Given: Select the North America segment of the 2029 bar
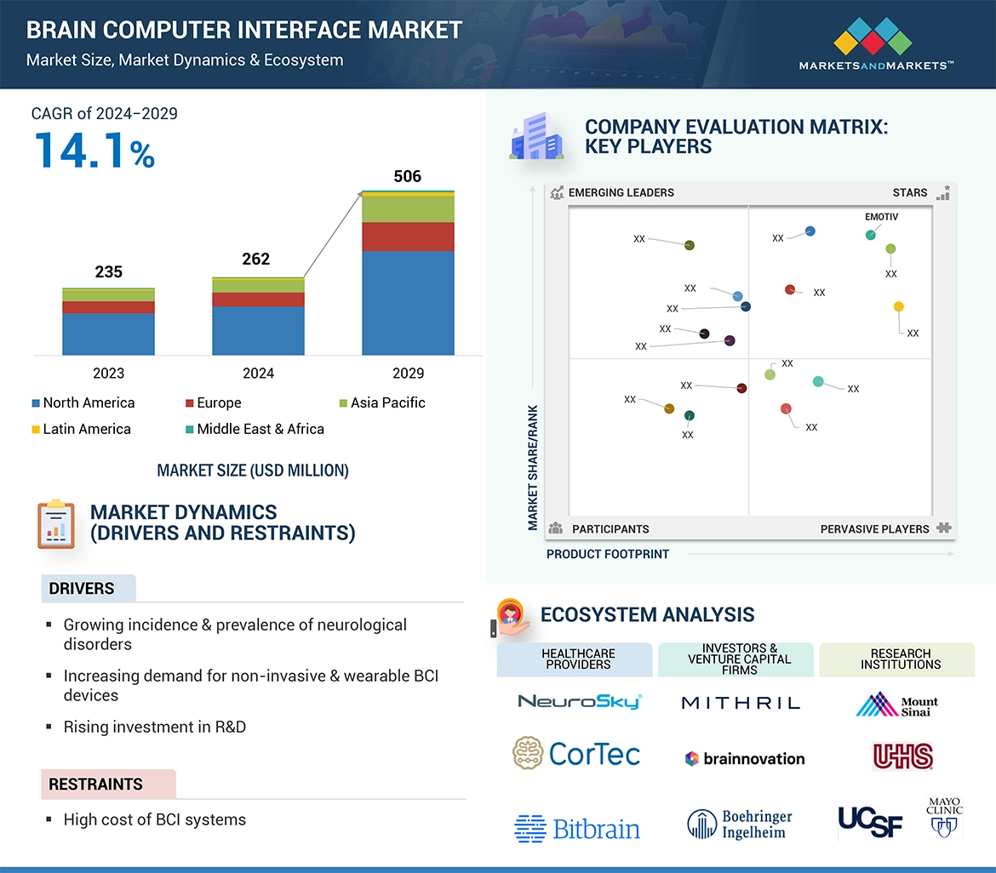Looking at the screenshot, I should (408, 302).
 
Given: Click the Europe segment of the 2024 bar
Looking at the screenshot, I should (258, 300).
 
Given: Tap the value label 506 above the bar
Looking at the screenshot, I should (407, 177).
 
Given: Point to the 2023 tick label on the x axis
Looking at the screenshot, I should (108, 374).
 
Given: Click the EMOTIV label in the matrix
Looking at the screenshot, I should (881, 217).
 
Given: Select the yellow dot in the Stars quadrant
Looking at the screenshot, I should (898, 306).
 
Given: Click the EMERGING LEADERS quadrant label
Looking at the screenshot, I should (621, 192).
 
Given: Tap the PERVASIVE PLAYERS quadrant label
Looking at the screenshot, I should (874, 529).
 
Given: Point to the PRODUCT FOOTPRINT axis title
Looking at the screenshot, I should (607, 554).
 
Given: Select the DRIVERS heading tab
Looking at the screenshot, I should (82, 589).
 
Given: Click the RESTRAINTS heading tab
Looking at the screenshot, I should (95, 785).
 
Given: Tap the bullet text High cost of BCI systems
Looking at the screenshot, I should (154, 820).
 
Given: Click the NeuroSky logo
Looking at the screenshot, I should (579, 702).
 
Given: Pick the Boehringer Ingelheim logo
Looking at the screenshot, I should (740, 824).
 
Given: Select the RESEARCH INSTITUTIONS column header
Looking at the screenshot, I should (900, 659).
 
